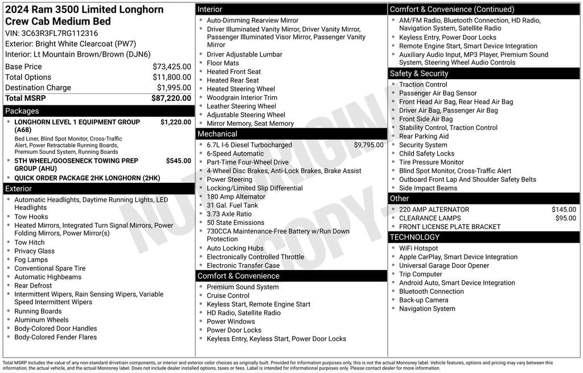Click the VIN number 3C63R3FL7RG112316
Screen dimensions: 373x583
(x=59, y=33)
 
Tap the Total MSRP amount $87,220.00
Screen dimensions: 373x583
(x=171, y=99)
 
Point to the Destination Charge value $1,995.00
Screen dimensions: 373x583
(x=174, y=88)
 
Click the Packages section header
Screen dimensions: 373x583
(x=22, y=111)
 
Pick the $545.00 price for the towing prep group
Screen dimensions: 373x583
(x=178, y=161)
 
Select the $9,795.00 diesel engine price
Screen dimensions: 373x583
(x=368, y=145)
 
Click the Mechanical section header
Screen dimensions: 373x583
(x=217, y=134)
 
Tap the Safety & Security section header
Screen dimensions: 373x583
(x=419, y=73)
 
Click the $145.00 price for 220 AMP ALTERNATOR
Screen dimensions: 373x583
(x=564, y=210)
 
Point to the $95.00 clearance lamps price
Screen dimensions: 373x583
(x=565, y=218)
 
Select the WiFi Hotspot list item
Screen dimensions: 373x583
(x=418, y=248)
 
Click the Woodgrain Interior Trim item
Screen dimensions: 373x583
(x=242, y=97)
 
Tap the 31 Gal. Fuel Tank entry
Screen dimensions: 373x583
(x=232, y=206)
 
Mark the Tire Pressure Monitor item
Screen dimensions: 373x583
(x=432, y=162)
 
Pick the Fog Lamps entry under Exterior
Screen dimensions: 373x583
(x=31, y=260)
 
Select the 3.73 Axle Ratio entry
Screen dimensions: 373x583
(x=229, y=214)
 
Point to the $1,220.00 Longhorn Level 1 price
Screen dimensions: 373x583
(x=175, y=122)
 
